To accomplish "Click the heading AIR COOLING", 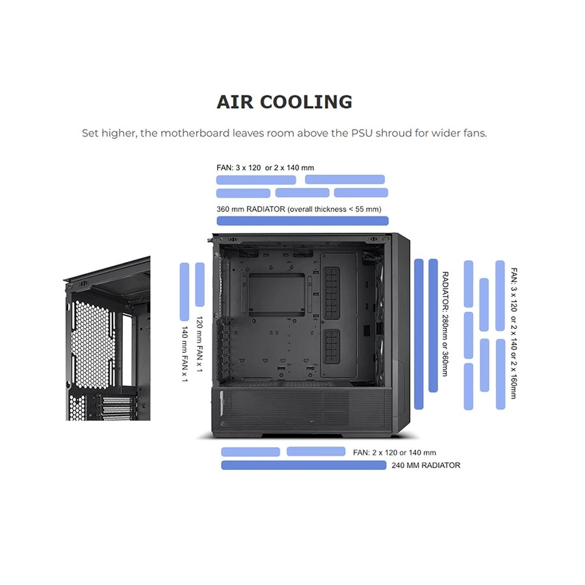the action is [x=284, y=102].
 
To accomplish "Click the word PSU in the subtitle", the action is [x=361, y=133].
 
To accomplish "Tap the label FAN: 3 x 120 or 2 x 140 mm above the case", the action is [x=265, y=168].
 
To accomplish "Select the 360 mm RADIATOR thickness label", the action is [x=299, y=209].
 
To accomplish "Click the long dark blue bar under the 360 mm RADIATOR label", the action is [x=302, y=221].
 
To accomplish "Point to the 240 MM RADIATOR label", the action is [x=426, y=465].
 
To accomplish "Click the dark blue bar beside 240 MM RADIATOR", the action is [x=304, y=465].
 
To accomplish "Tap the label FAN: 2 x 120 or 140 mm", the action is [x=395, y=452].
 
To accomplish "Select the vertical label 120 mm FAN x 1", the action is [x=200, y=344].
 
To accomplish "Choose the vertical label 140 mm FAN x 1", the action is [x=185, y=354].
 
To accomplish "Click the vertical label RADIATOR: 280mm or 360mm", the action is [x=445, y=324].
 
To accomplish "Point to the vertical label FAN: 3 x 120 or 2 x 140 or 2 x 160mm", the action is [x=513, y=333].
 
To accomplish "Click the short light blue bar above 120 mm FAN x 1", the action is [x=200, y=285].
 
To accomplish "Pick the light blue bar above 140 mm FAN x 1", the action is [x=185, y=292].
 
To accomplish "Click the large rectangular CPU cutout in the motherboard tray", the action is [x=276, y=294].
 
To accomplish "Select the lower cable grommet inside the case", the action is [x=331, y=346].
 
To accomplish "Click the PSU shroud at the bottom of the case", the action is [x=302, y=410].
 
